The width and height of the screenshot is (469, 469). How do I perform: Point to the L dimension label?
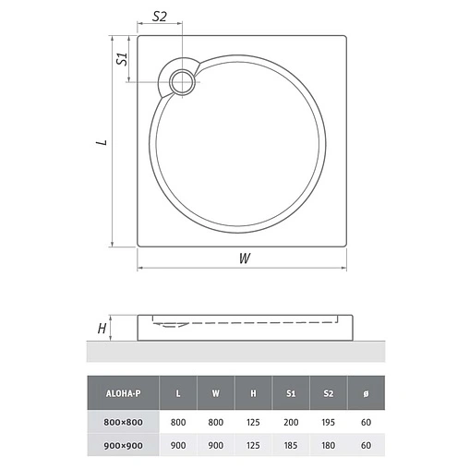click(x=104, y=143)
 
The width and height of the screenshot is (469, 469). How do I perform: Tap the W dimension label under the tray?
click(x=244, y=259)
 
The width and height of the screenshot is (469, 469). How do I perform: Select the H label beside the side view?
click(x=103, y=327)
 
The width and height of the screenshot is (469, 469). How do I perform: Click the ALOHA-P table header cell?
click(x=123, y=392)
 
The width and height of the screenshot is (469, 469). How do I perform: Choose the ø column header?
click(x=366, y=392)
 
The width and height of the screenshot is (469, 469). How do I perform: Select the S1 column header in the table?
click(x=290, y=392)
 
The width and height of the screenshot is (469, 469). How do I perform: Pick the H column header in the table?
click(x=253, y=392)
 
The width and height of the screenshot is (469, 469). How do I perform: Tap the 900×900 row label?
click(x=123, y=444)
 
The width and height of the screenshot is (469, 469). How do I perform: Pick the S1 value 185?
click(x=290, y=444)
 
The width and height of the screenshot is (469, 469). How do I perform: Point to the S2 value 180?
click(x=328, y=444)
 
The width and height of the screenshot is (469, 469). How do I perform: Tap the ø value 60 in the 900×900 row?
click(x=366, y=444)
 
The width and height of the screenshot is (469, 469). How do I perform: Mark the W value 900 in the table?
click(x=215, y=444)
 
